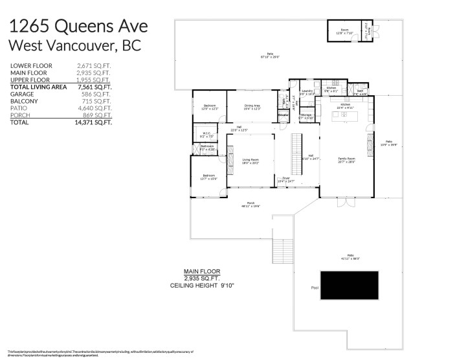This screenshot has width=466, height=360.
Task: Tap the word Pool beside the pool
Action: point(315,287)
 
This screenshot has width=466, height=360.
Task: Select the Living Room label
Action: point(250,161)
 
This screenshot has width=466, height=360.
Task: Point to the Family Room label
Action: point(347,159)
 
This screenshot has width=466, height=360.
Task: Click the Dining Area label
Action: point(252,106)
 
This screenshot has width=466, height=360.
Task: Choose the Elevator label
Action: point(283,115)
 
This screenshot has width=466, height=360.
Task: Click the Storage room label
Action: point(305,117)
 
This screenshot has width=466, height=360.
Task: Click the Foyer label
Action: point(285,180)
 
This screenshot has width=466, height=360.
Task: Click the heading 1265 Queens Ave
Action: point(78,27)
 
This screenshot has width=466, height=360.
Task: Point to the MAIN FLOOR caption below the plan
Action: point(201,271)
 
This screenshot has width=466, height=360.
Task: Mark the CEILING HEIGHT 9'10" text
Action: point(201,286)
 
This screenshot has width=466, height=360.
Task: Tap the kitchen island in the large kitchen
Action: point(346,116)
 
